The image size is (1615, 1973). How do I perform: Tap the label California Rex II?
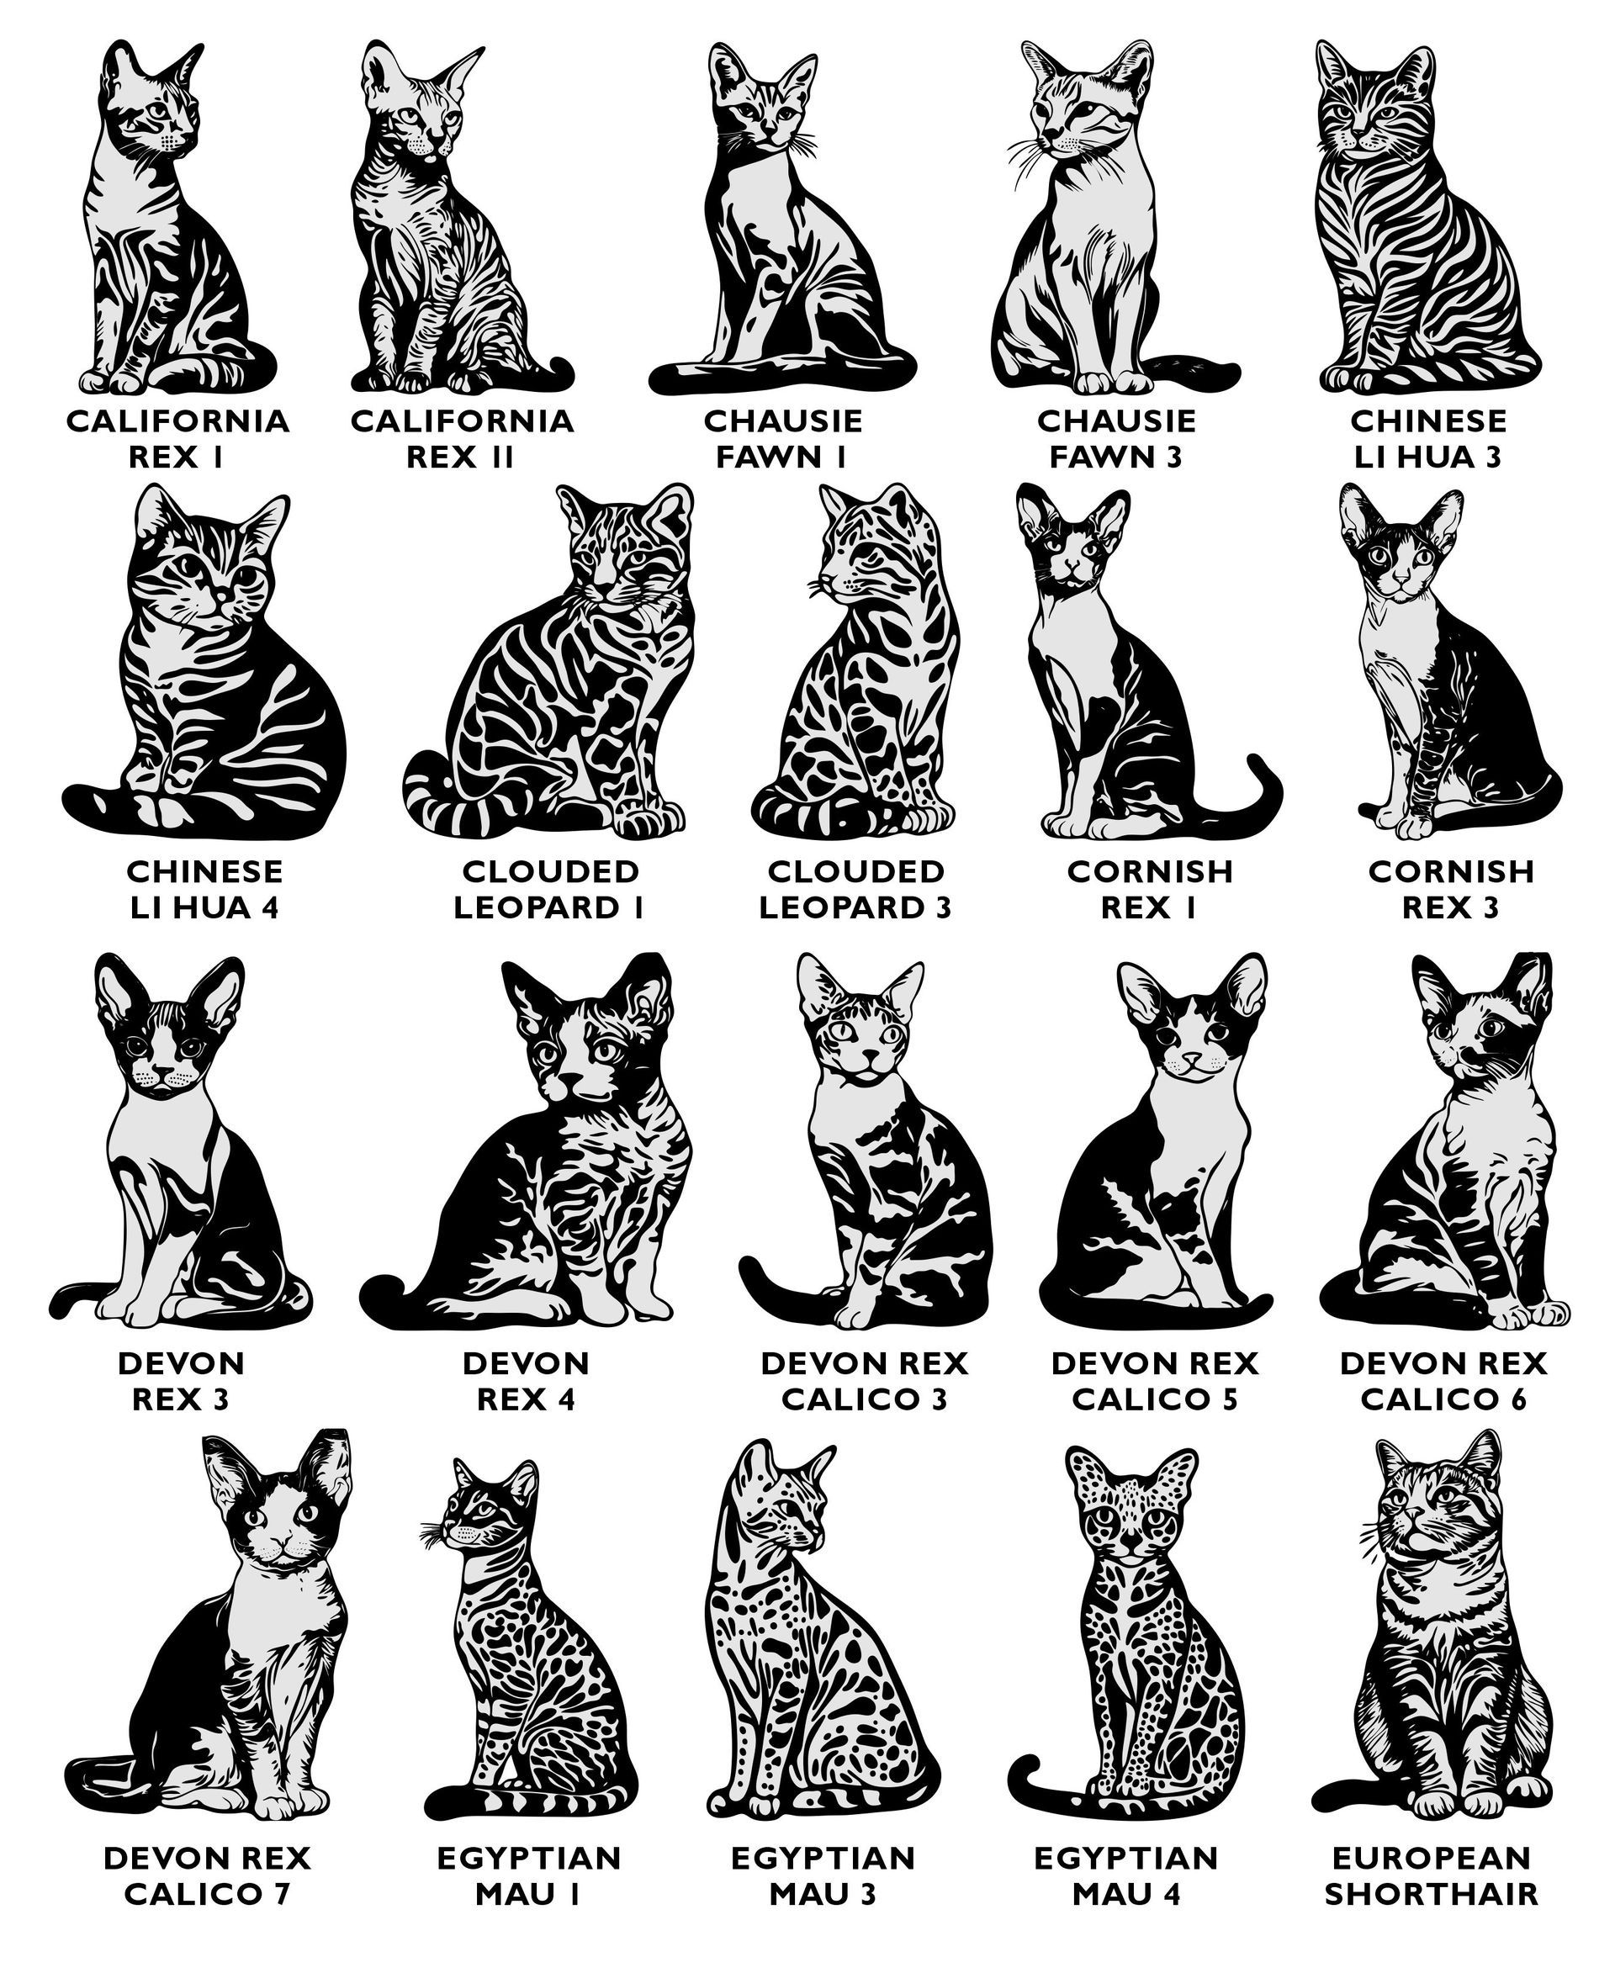[x=462, y=438]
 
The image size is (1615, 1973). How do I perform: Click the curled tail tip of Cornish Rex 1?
[x=1257, y=764]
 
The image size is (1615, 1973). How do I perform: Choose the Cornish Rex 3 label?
[x=1450, y=888]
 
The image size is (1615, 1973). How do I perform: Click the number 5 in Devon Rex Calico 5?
[x=1229, y=1399]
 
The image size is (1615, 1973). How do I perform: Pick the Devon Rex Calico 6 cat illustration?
[x=1445, y=1140]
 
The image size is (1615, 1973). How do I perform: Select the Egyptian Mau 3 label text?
[x=823, y=1875]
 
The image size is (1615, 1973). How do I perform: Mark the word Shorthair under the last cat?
[x=1431, y=1893]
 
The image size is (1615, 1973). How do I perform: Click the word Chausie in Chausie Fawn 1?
[x=783, y=421]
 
